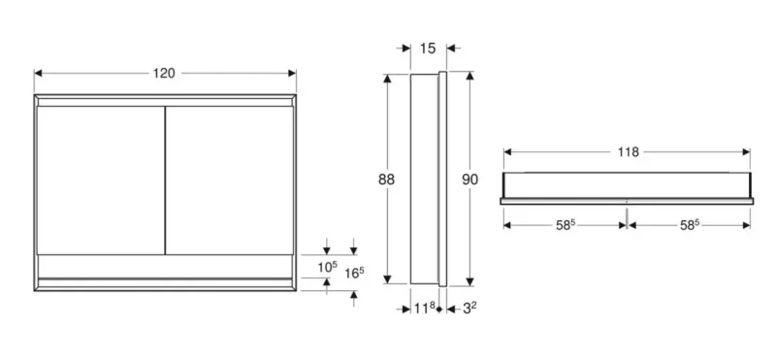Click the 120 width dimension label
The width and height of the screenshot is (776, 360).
pyautogui.click(x=164, y=74)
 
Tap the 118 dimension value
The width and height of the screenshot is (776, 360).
pyautogui.click(x=628, y=152)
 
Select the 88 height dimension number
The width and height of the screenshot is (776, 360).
pyautogui.click(x=386, y=180)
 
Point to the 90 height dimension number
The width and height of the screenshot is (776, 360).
pyautogui.click(x=470, y=180)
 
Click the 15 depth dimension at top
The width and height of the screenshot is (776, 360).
pyautogui.click(x=428, y=49)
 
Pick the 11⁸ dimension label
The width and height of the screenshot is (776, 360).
pyautogui.click(x=425, y=309)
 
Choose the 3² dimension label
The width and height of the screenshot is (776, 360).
pyautogui.click(x=469, y=309)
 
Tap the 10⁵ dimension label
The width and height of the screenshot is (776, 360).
pyautogui.click(x=327, y=267)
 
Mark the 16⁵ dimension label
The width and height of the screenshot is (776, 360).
pyautogui.click(x=354, y=273)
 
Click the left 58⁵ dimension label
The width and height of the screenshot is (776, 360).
pyautogui.click(x=566, y=225)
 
